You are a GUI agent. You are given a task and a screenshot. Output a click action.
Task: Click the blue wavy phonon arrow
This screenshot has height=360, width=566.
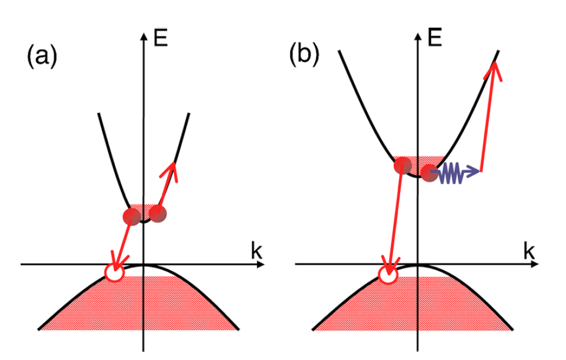(x=457, y=174)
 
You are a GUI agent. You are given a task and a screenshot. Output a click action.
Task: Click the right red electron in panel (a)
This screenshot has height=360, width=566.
(x=158, y=214)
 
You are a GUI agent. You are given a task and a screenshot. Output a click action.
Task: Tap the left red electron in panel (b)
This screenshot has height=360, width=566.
(x=402, y=166)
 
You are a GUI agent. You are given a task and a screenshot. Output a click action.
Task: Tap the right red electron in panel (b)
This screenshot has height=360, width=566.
(x=430, y=173)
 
